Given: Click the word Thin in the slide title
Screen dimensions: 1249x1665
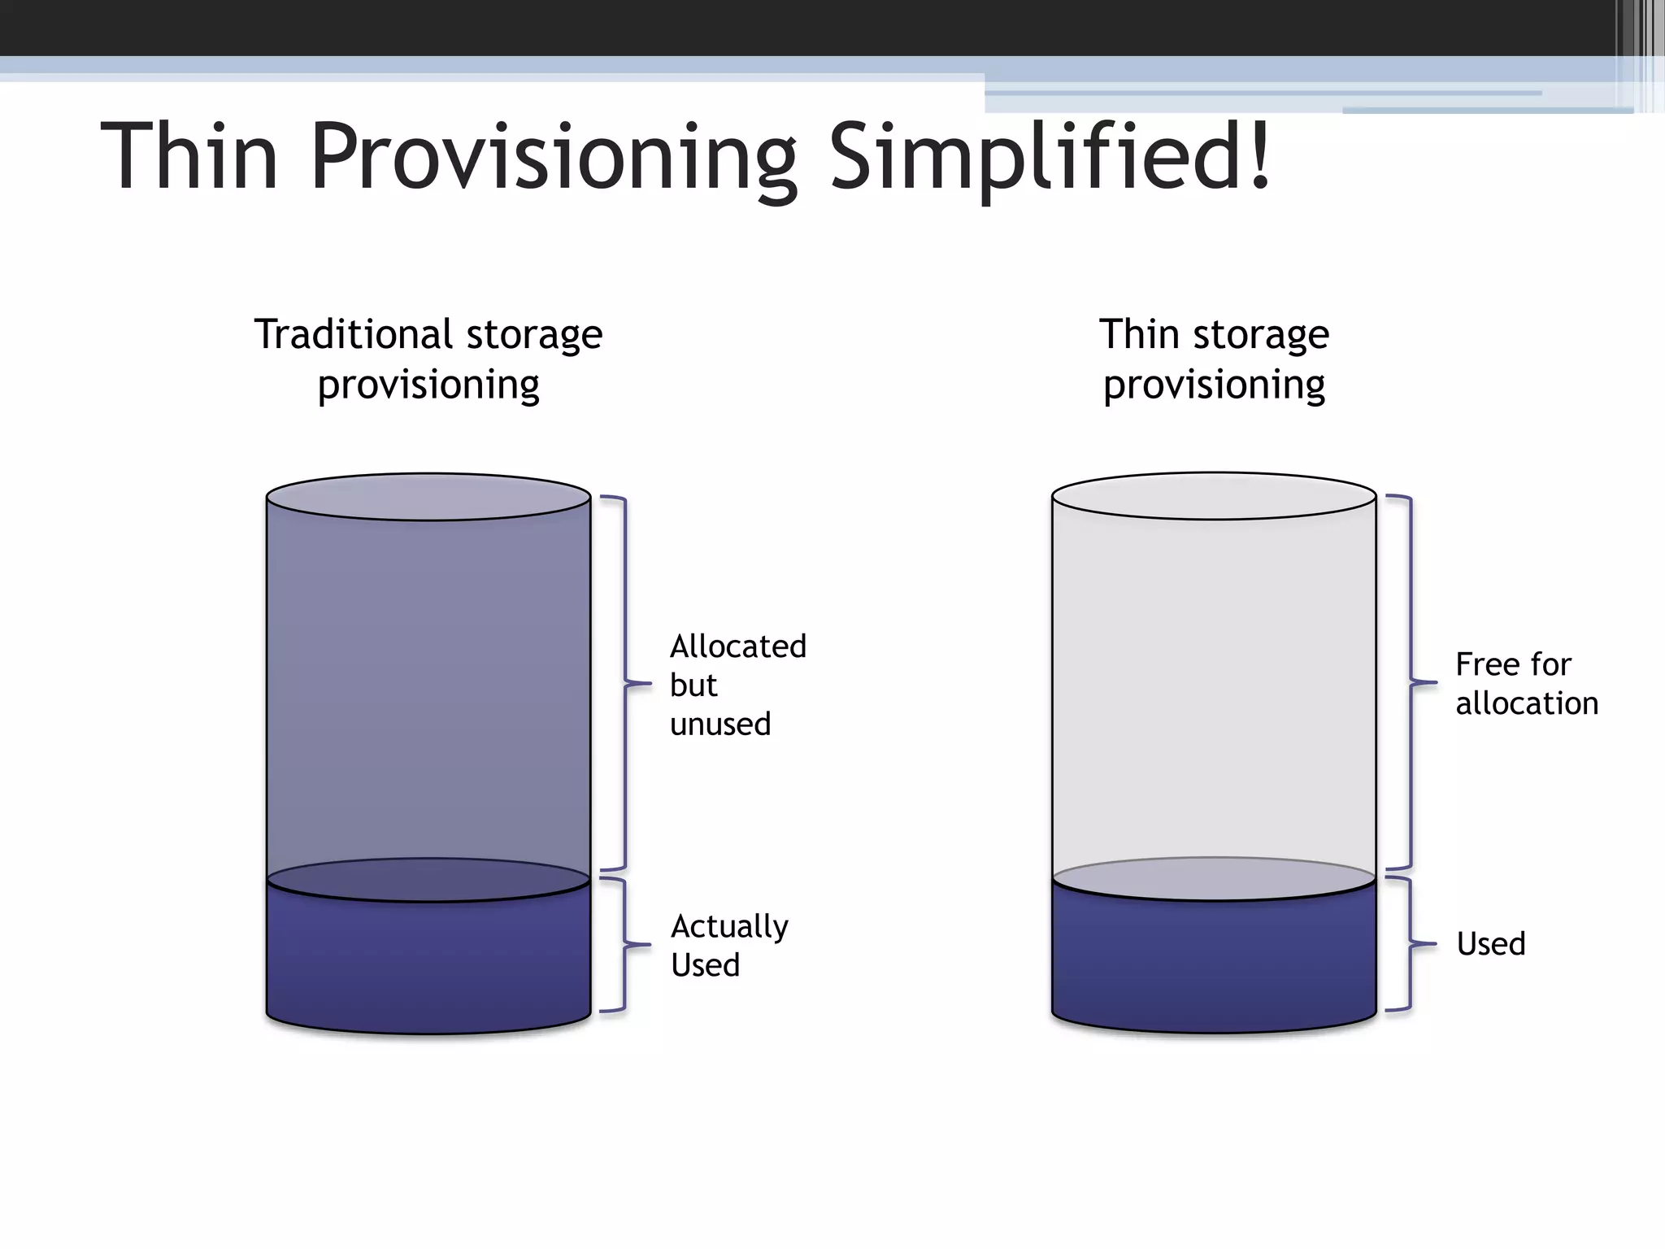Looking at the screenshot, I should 189,155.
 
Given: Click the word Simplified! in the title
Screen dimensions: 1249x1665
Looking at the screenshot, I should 1049,155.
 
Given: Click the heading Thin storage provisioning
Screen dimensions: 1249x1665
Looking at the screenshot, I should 1214,359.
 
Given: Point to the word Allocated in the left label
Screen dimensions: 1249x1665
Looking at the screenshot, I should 737,646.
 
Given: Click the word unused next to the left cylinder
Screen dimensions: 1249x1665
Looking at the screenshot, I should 720,724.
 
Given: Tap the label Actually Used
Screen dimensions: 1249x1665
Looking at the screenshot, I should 728,945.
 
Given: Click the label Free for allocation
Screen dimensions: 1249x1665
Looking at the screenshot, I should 1525,683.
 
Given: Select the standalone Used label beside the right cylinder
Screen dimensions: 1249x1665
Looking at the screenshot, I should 1490,944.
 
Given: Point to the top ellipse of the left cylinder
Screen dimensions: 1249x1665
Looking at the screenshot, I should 428,497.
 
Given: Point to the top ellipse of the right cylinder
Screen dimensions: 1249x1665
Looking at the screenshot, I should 1214,496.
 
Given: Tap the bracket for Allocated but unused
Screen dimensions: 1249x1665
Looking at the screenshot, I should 625,683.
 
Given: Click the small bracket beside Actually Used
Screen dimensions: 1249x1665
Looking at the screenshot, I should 624,945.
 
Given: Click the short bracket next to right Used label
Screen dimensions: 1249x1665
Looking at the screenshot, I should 1410,944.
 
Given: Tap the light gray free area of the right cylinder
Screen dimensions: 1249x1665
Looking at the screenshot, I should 1214,691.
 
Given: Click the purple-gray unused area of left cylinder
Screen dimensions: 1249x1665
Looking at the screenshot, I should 428,691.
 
